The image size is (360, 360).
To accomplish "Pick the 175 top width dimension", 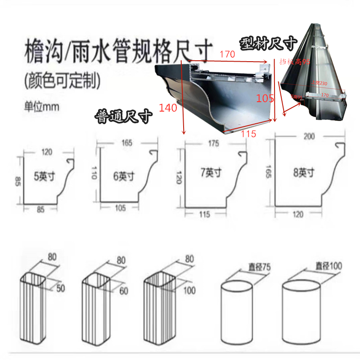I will tap(213, 144).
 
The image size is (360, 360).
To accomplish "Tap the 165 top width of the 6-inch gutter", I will tap(126, 143).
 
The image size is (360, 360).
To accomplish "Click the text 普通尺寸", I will tap(123, 117).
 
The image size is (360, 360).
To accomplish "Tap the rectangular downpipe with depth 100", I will tap(158, 310).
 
